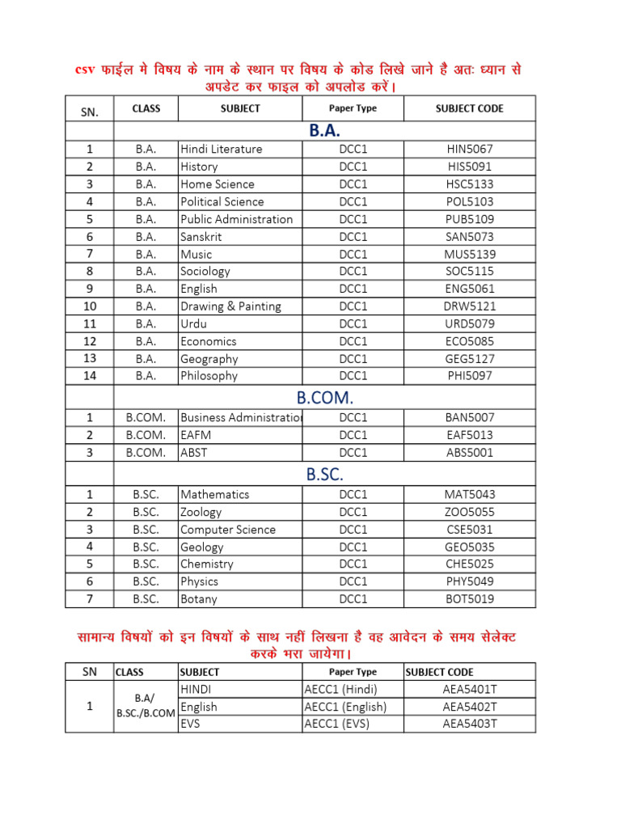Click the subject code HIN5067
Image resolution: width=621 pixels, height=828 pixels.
coord(469,149)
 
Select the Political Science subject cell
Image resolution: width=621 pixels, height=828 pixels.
coord(222,201)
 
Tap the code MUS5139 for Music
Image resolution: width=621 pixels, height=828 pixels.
coord(469,254)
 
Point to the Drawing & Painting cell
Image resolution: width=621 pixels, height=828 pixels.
coord(231,306)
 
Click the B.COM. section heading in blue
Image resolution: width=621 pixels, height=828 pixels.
coord(324,397)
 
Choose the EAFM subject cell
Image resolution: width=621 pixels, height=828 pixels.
coord(196,435)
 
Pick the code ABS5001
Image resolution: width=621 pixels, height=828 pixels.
coord(469,453)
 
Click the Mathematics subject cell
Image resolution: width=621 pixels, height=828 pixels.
coord(215,494)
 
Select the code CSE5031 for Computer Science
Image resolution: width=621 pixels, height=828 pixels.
coord(469,530)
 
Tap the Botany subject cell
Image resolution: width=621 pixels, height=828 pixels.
coord(199,599)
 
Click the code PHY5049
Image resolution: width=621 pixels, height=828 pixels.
coord(469,581)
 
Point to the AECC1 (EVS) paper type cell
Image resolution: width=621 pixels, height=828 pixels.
coord(337,724)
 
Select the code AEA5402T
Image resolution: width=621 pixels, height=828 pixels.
coord(469,707)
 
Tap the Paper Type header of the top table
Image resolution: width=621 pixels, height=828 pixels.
coord(353,108)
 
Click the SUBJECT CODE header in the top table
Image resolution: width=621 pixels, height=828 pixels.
coord(469,108)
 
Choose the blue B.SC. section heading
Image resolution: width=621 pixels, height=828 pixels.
coord(324,475)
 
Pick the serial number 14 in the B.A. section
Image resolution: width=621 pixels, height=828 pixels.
coord(90,375)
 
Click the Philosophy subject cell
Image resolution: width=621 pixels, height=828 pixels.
coord(209,375)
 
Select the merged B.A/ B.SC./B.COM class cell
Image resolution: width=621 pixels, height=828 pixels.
coord(146,706)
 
